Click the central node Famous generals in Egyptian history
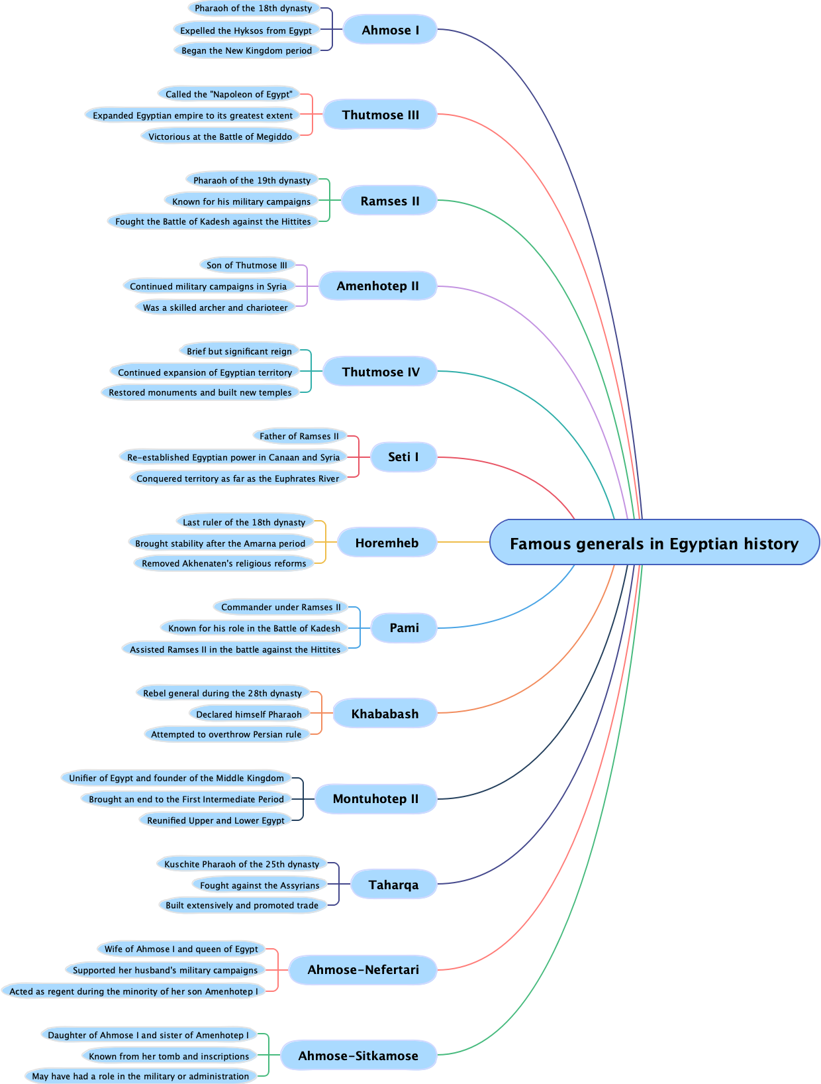tap(654, 543)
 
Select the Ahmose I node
tap(390, 30)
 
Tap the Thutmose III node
tap(380, 115)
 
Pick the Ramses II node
tap(389, 201)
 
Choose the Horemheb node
tap(387, 543)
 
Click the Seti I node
tap(403, 457)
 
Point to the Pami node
tap(404, 627)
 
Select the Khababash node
tap(385, 714)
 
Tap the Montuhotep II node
tap(375, 798)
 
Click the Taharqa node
tap(393, 885)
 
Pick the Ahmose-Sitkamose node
tap(358, 1056)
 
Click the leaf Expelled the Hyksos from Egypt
tap(246, 30)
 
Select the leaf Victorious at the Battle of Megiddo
tap(220, 136)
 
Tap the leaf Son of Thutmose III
tap(247, 265)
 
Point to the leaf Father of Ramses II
tap(299, 436)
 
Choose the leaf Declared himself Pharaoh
tap(249, 714)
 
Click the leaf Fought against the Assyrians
tap(260, 885)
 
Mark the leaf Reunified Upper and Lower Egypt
tap(216, 820)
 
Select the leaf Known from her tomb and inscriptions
tap(169, 1056)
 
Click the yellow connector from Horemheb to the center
tap(463, 543)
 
